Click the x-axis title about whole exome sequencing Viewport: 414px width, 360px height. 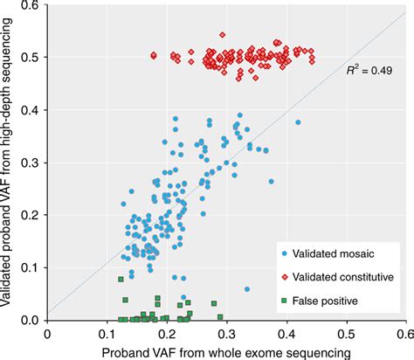click(225, 351)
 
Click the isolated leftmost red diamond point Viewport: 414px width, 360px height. click(154, 55)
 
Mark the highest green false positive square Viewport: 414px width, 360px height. click(121, 279)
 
